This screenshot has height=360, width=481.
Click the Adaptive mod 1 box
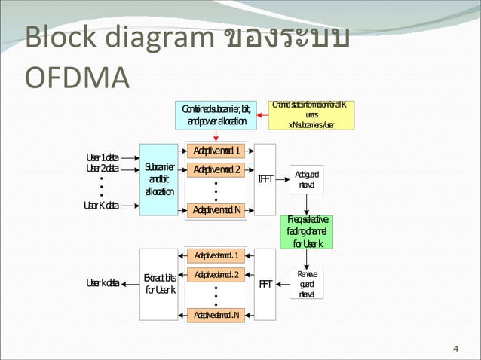coord(216,150)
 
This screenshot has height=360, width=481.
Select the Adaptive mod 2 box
coord(216,169)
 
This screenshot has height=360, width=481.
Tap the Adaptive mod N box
coord(216,209)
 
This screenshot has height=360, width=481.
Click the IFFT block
coord(265,179)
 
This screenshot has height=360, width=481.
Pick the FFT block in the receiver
coord(265,284)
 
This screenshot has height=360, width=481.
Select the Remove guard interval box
coord(306,284)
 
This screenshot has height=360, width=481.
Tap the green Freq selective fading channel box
coord(306,231)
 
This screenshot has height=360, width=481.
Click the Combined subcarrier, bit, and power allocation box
coord(216,115)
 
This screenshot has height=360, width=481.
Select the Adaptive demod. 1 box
coord(216,255)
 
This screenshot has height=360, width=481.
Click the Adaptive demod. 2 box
coord(216,274)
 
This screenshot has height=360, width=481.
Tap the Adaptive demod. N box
coord(216,314)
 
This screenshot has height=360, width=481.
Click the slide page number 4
coord(455,348)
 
